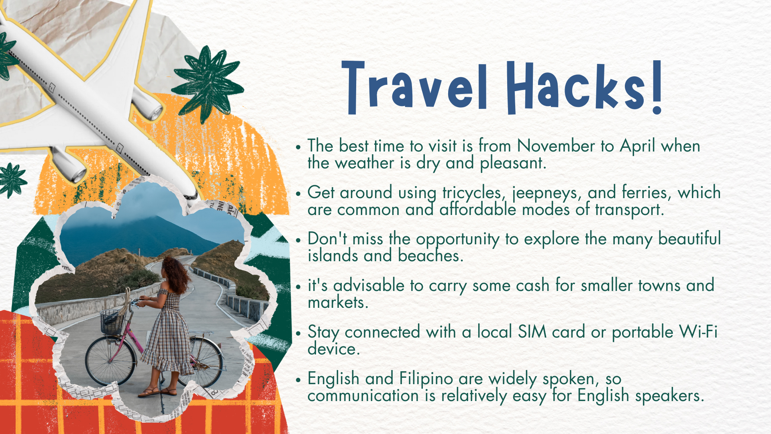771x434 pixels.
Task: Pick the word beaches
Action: [x=430, y=256]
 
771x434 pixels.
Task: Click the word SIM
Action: [x=532, y=332]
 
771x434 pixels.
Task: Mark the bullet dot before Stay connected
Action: [x=298, y=333]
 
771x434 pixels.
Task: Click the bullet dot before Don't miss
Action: [x=298, y=240]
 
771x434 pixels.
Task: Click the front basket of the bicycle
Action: [x=112, y=321]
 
